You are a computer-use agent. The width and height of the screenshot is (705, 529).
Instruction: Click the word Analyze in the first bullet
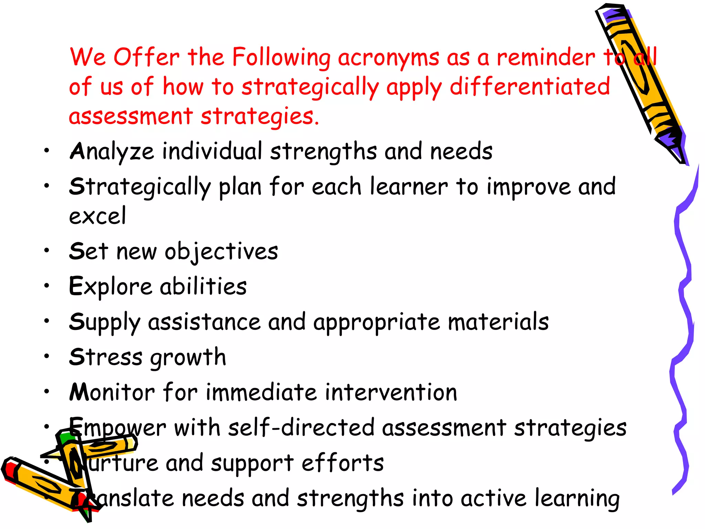pos(112,152)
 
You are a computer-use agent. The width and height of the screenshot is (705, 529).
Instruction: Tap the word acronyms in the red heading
pos(388,58)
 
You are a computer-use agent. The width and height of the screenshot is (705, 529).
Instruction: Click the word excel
pos(97,216)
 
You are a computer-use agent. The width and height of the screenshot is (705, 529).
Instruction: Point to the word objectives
pos(221,252)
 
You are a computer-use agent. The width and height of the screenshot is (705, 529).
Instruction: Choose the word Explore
pos(110,287)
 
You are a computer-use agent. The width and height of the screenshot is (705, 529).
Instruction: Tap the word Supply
pos(104,323)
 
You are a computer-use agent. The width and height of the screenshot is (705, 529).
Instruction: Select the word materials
pos(498,322)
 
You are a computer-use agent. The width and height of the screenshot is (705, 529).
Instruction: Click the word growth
pos(188,358)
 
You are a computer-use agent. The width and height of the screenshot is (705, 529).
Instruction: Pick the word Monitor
pos(112,393)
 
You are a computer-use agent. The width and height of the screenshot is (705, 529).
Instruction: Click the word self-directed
pos(301,428)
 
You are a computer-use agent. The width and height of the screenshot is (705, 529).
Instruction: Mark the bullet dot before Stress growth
pos(47,356)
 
